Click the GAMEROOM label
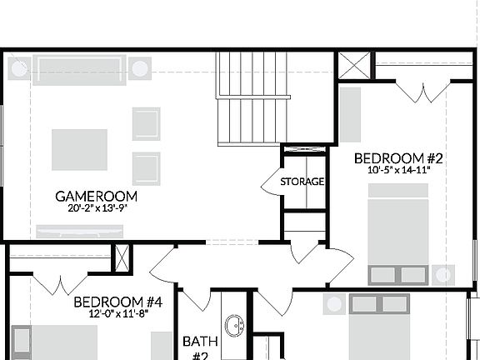[97, 197]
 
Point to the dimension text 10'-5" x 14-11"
[398, 170]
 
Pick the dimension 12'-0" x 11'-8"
[116, 314]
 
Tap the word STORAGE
[302, 182]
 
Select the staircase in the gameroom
[247, 98]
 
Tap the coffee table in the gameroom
[80, 150]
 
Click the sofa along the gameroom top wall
[79, 69]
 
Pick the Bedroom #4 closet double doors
[60, 283]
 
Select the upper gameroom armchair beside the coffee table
[146, 123]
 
